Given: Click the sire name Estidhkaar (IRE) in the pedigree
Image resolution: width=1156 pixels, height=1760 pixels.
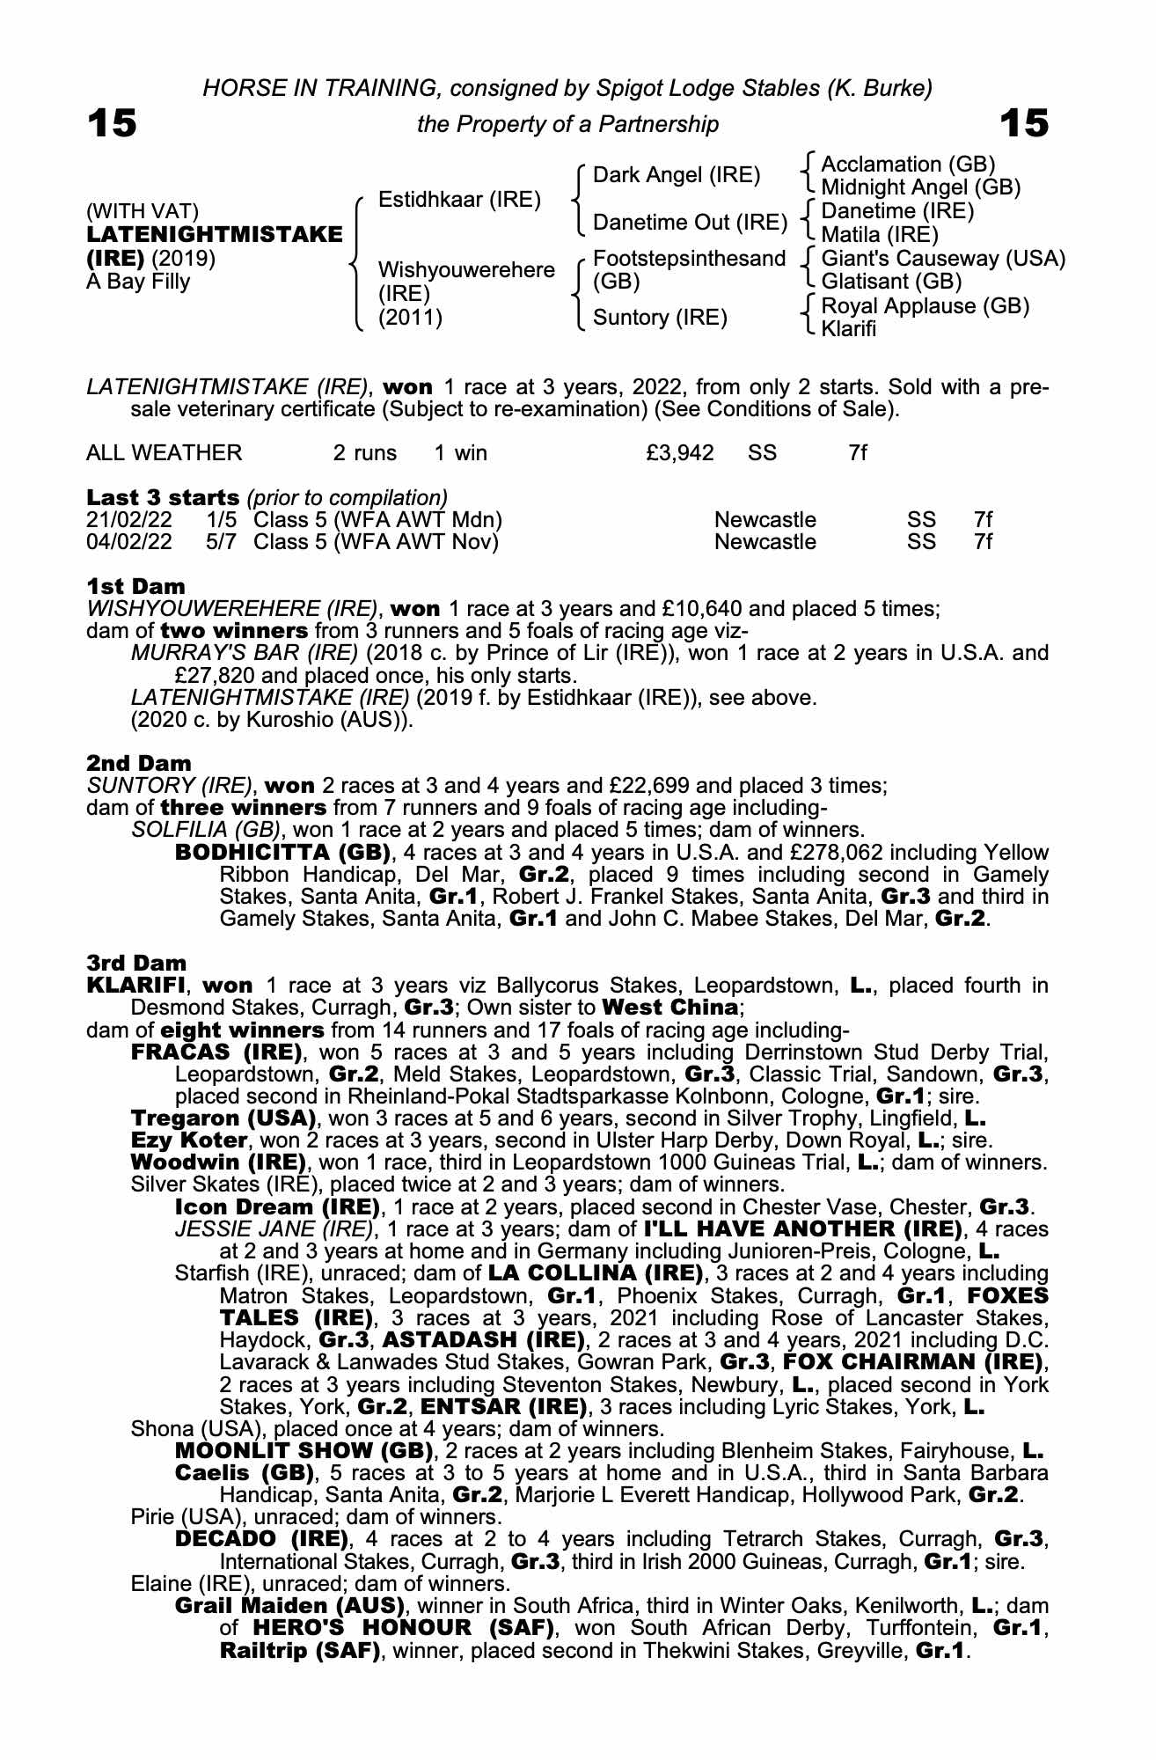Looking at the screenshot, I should [x=459, y=200].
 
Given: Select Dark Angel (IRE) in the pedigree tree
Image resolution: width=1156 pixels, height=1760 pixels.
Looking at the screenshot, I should [x=677, y=175].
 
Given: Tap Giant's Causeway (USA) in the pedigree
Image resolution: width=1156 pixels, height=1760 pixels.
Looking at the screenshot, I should [x=942, y=259].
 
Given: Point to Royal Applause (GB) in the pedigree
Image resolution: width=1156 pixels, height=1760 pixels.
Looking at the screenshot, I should [x=925, y=306].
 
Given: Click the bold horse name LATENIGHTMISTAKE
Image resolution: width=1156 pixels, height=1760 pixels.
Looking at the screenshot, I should [x=215, y=235].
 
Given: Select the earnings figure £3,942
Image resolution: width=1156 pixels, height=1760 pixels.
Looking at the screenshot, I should [x=679, y=453].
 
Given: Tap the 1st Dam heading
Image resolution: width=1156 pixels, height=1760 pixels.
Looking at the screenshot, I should [x=135, y=586].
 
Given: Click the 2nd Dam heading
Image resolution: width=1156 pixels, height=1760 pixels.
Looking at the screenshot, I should [x=138, y=763].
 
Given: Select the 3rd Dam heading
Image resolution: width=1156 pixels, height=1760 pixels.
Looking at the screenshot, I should [x=137, y=963].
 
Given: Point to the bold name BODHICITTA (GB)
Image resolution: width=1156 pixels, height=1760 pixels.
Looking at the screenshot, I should [x=282, y=853].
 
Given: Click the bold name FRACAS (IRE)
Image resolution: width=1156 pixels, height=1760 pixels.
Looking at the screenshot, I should [x=216, y=1052].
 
